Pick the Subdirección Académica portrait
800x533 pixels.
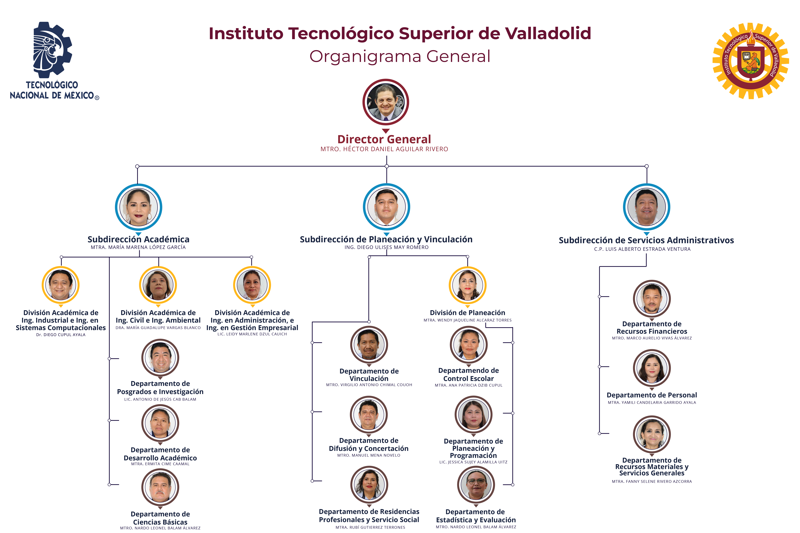click(138, 207)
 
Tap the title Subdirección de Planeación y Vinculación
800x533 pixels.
click(386, 239)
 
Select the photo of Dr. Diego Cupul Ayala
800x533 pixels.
click(61, 285)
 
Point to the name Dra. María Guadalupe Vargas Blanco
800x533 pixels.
click(158, 328)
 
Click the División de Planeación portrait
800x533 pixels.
click(468, 285)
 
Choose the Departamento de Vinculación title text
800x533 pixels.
click(369, 375)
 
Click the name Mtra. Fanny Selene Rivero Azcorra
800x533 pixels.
click(652, 481)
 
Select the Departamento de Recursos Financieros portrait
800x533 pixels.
click(652, 298)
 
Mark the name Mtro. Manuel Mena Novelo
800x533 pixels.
click(369, 455)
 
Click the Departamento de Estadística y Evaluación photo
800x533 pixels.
click(476, 484)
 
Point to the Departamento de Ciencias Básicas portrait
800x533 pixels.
click(160, 487)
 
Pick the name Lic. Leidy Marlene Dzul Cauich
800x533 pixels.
click(252, 334)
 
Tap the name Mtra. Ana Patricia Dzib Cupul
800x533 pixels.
click(468, 385)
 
